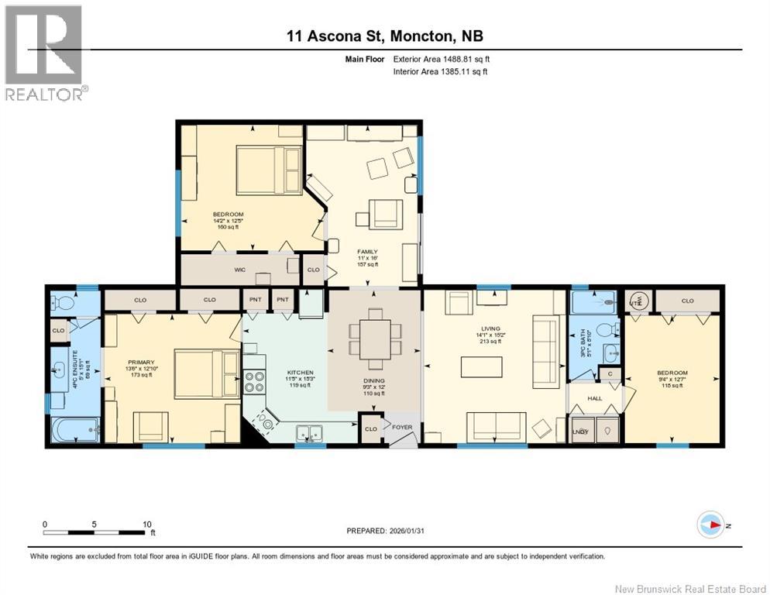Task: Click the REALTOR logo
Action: (x=44, y=53)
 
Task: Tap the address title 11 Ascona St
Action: (x=384, y=36)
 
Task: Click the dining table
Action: (x=375, y=339)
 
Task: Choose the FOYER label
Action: (x=401, y=425)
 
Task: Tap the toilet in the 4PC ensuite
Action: (x=60, y=301)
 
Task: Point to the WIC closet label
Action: (x=240, y=270)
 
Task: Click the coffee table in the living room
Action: (x=480, y=365)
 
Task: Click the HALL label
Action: (x=594, y=398)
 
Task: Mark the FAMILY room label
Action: (x=366, y=252)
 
